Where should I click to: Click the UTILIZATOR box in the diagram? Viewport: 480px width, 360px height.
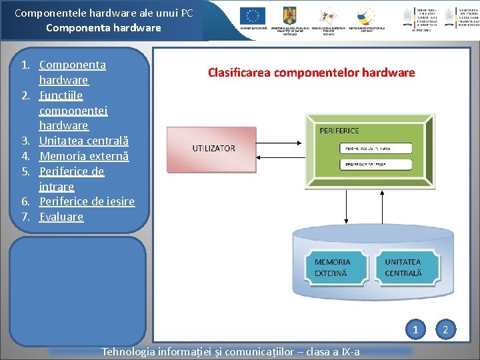(213, 148)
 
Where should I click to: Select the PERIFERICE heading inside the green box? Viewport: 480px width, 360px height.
(339, 131)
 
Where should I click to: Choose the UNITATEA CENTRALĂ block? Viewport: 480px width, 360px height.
(403, 268)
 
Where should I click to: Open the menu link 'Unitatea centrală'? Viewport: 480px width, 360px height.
(84, 141)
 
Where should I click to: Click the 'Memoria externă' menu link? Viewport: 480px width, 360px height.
(84, 156)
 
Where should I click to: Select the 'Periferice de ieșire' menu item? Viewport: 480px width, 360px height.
(87, 201)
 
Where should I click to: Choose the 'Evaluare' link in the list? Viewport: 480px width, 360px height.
(61, 217)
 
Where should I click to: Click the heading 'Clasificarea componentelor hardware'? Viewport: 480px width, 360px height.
(311, 72)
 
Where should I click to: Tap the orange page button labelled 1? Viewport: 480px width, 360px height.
(415, 329)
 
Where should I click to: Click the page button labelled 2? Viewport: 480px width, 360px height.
(446, 329)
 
